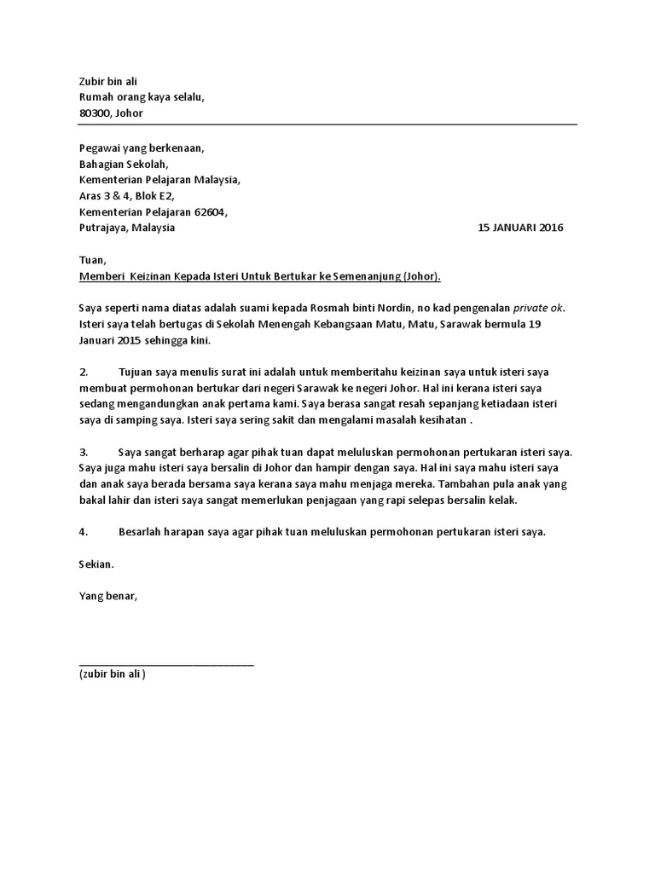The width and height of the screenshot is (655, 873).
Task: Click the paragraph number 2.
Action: coord(84,373)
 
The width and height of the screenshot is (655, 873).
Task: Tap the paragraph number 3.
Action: coord(84,453)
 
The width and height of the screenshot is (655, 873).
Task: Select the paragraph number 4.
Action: coord(84,533)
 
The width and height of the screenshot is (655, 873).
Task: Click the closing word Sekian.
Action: coord(96,564)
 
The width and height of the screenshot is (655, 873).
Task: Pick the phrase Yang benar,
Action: coord(107,597)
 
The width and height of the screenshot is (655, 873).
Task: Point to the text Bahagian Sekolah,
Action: coord(124,164)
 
